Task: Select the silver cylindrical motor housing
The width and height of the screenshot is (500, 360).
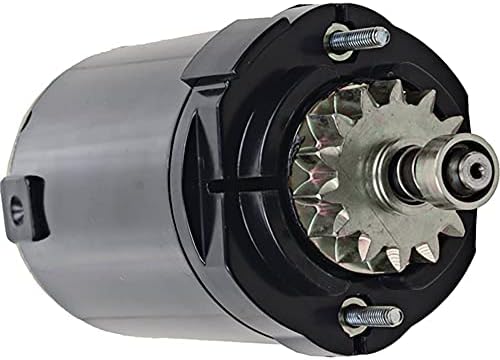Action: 110,180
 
